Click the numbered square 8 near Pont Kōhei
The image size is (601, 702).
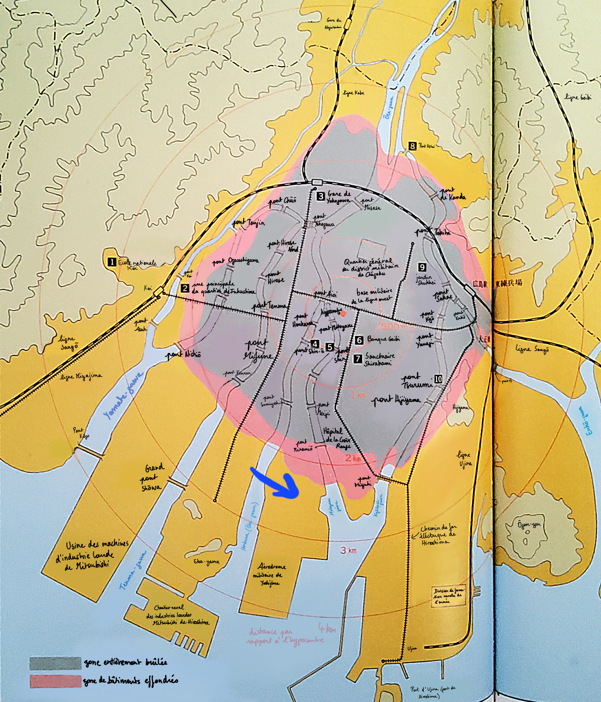click(x=412, y=146)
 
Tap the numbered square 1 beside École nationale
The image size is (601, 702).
click(x=111, y=262)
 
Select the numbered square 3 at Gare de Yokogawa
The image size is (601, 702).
click(x=320, y=196)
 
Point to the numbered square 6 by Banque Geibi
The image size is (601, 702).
click(x=359, y=340)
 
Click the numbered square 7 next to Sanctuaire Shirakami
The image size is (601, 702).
click(x=358, y=359)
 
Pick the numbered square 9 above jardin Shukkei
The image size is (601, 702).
click(x=422, y=267)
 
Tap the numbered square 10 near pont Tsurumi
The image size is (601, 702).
click(x=438, y=379)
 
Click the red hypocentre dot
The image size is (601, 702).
click(x=343, y=314)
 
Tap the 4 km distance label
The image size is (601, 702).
click(x=327, y=629)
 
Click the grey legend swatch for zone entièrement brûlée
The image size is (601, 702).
click(x=55, y=663)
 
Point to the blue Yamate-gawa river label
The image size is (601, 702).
click(x=123, y=395)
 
